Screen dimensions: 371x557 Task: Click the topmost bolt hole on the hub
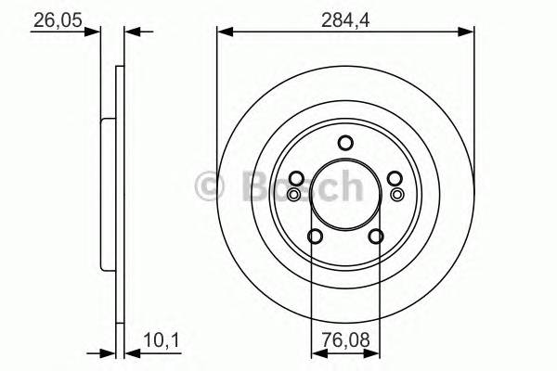pyautogui.click(x=345, y=143)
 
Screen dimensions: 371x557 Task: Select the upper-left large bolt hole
pyautogui.click(x=296, y=179)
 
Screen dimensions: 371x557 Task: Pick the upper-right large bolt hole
pyautogui.click(x=394, y=179)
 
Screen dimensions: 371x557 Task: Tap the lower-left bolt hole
pyautogui.click(x=316, y=237)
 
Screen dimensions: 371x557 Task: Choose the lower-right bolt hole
pyautogui.click(x=375, y=237)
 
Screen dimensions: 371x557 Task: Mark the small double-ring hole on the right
pyautogui.click(x=397, y=194)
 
